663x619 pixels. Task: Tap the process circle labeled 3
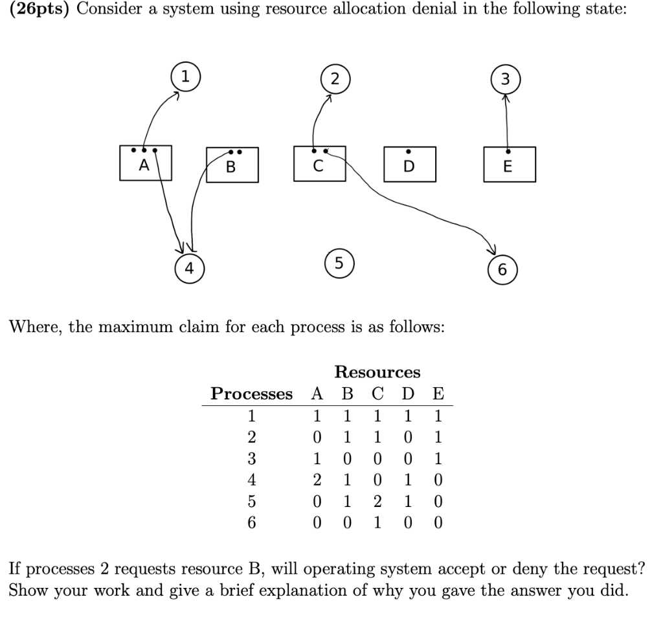pos(506,79)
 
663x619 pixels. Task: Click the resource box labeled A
pos(146,163)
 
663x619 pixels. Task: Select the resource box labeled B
pos(232,166)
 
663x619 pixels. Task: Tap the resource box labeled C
pos(319,164)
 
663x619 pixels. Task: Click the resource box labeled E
pos(509,164)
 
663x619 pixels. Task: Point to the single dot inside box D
pos(408,152)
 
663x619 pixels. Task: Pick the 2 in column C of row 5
pos(377,502)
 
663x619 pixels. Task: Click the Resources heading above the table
pos(377,372)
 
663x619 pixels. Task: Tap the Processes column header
pos(251,394)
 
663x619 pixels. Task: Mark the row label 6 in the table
pos(253,522)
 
